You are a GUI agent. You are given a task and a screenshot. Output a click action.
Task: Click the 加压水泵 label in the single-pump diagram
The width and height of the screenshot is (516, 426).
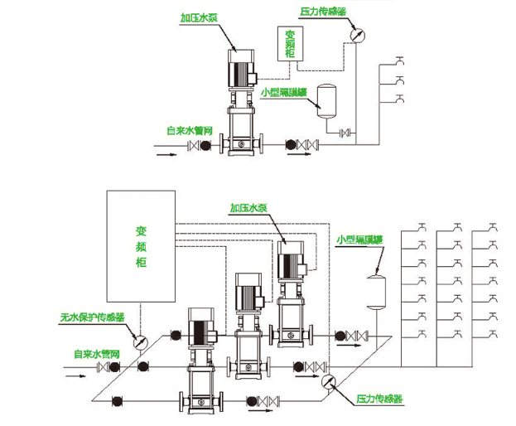point(202,17)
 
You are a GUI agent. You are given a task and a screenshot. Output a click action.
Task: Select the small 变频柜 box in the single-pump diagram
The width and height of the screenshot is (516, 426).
point(291,46)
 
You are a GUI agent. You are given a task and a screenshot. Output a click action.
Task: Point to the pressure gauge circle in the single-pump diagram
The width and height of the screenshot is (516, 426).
point(357,35)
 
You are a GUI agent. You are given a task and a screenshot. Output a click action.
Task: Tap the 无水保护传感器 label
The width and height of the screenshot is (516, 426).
point(92,317)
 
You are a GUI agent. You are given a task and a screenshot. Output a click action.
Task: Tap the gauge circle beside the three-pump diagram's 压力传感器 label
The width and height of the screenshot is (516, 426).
point(329,380)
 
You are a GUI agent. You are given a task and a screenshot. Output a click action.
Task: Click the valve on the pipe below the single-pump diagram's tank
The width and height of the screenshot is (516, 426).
point(346,133)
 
